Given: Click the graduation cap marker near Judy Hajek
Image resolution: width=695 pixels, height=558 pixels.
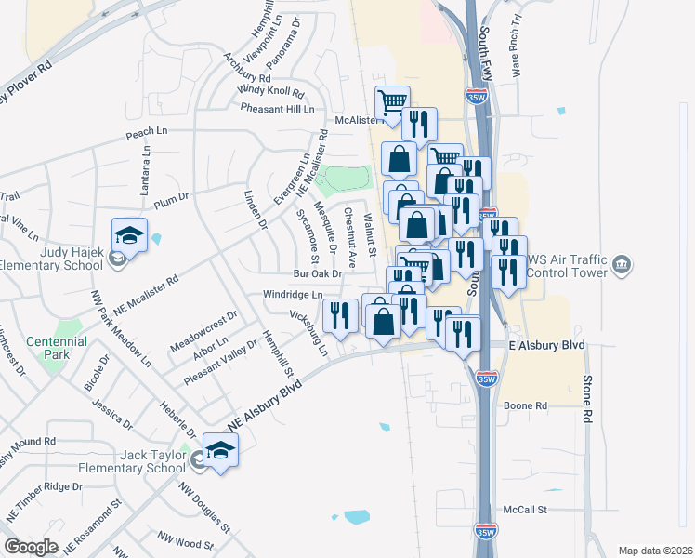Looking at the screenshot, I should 130,234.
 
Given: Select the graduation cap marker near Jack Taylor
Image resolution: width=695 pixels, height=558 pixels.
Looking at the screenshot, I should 219,451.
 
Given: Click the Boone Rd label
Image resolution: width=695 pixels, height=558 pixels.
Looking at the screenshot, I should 526,405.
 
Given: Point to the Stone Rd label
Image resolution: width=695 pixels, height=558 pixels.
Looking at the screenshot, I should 586,394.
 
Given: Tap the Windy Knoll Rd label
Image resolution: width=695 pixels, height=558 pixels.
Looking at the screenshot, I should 270,90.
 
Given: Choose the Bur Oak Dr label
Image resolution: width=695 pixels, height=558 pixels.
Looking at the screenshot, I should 318,274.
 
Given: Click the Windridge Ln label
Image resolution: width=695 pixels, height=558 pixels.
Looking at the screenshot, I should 292,294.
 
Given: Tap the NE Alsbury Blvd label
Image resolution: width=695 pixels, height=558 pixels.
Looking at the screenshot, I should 272,392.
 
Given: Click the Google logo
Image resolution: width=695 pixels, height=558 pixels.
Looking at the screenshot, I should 31,547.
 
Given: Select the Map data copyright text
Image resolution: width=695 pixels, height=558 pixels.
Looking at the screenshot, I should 655,551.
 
